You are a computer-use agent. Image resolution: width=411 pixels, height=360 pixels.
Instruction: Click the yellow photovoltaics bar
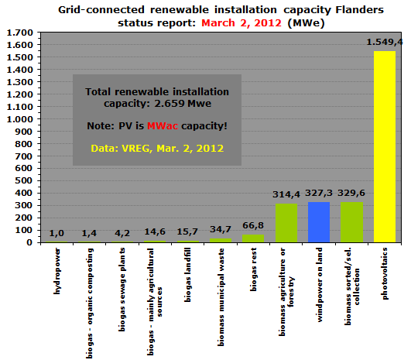pos(385,146)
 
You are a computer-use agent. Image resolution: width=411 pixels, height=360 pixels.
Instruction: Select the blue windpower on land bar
pos(319,222)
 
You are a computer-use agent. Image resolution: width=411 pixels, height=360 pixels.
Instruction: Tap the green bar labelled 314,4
pos(286,223)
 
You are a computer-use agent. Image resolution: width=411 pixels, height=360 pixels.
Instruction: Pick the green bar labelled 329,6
pos(351,222)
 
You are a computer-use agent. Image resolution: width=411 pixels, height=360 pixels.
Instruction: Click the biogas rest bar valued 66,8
pos(253,238)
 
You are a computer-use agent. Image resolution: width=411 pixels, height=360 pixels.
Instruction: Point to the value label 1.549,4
pos(385,42)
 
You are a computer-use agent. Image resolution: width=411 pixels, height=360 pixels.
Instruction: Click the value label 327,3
pos(319,194)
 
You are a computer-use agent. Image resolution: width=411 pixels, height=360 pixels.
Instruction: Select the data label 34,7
pos(221,229)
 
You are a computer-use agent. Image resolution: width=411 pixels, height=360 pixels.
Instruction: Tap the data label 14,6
pos(155,231)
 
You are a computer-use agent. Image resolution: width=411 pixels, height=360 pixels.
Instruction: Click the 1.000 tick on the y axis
pos(20,119)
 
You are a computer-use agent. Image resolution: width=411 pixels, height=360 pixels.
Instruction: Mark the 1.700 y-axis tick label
pos(20,33)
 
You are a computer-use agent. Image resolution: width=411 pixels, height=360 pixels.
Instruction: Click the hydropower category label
pos(57,271)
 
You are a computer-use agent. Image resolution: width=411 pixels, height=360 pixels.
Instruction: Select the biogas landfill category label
pos(187,275)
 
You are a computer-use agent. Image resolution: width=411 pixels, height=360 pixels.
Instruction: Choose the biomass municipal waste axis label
pos(221,297)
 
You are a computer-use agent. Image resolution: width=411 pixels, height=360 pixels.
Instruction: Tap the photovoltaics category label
pos(384,274)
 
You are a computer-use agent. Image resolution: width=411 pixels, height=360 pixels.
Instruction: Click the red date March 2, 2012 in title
pos(241,23)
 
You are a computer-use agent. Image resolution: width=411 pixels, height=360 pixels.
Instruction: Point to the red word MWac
pos(163,126)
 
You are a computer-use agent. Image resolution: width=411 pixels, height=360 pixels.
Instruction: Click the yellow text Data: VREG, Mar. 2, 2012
pos(157,149)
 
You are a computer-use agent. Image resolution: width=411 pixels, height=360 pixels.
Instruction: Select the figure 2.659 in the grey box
pos(170,103)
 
